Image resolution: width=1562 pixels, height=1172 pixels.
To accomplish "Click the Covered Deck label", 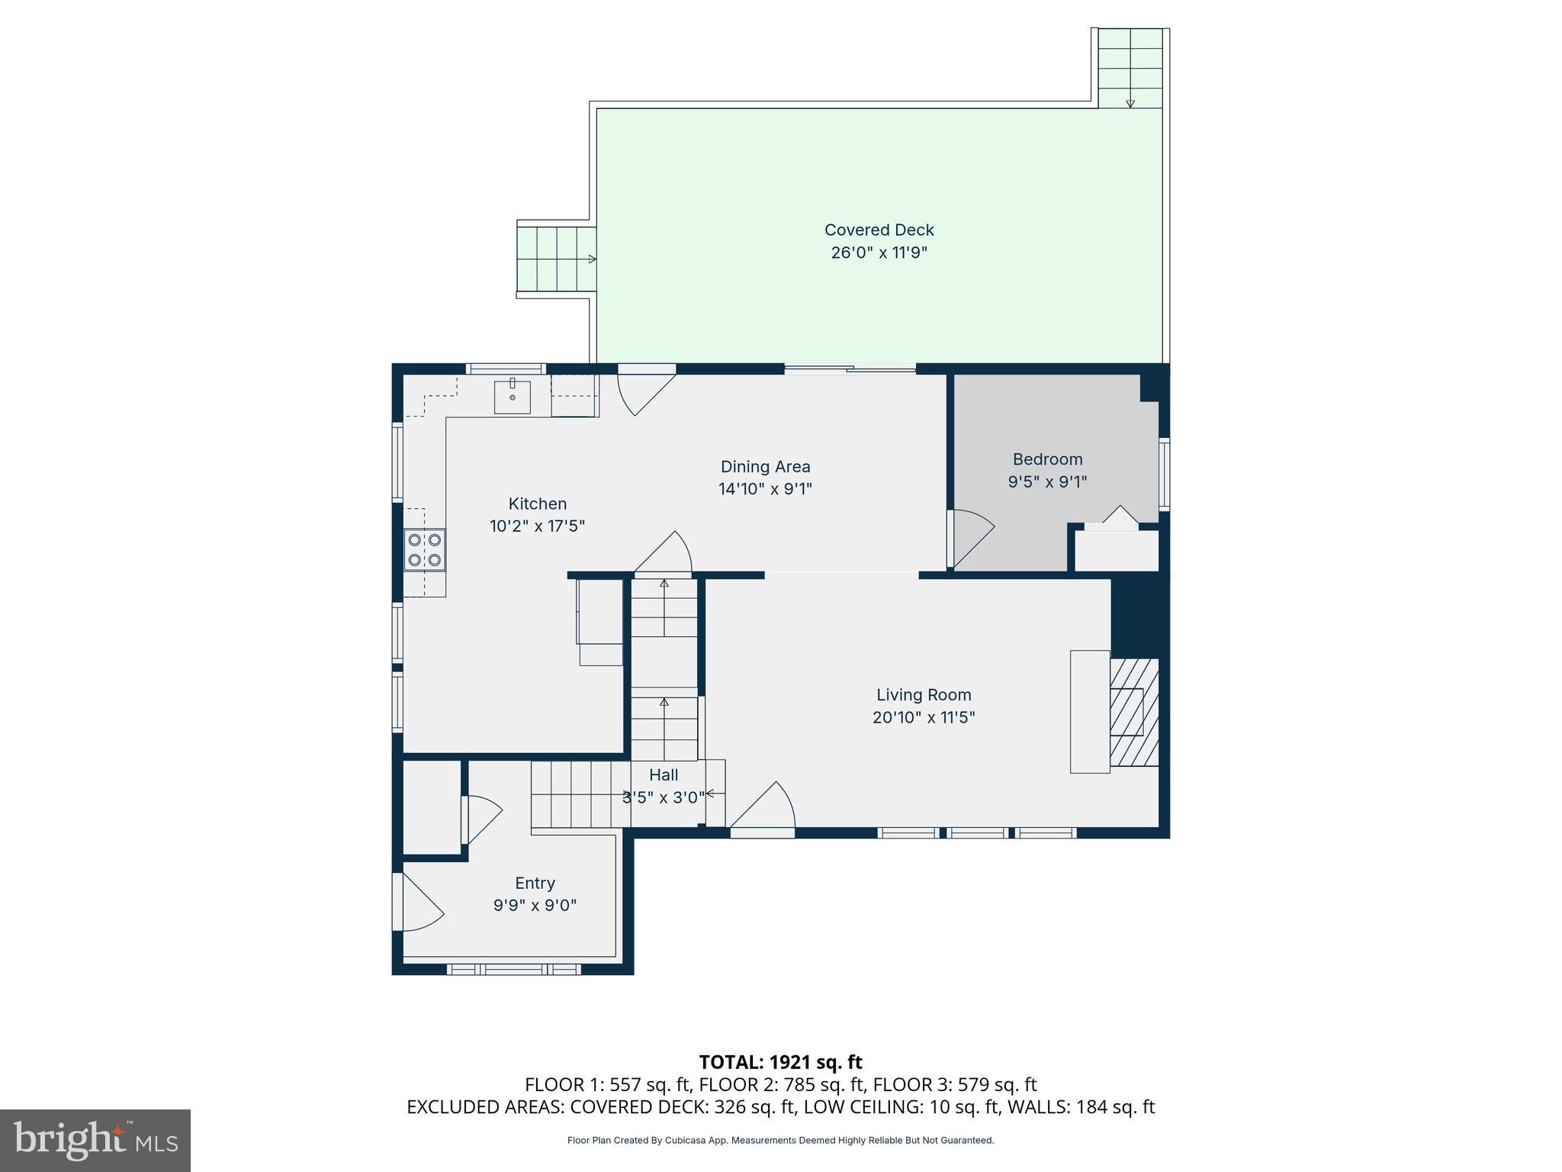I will point(879,230).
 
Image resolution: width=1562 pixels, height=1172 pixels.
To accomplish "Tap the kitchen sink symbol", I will point(512,397).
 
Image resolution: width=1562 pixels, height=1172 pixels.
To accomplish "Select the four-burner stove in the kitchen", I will point(425,549).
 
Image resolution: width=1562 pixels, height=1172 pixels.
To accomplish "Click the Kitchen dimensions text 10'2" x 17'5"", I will point(537,526).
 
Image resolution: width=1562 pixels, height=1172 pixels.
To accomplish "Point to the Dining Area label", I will point(765,466).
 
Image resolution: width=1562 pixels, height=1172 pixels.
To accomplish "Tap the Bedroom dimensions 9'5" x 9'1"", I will point(1047,481).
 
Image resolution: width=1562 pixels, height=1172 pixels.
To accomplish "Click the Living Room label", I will point(923,694).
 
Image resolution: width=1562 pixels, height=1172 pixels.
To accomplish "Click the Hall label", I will point(664,775).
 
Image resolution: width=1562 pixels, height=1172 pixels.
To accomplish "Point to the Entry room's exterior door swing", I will point(419,903).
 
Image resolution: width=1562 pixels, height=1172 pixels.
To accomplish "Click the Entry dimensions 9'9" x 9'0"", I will point(535,906).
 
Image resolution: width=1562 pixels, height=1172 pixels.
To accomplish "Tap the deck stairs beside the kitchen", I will point(556,259).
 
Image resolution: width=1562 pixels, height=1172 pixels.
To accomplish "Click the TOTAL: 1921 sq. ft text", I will point(780,1062).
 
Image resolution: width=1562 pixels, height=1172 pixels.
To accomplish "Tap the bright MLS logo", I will point(95,1140).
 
